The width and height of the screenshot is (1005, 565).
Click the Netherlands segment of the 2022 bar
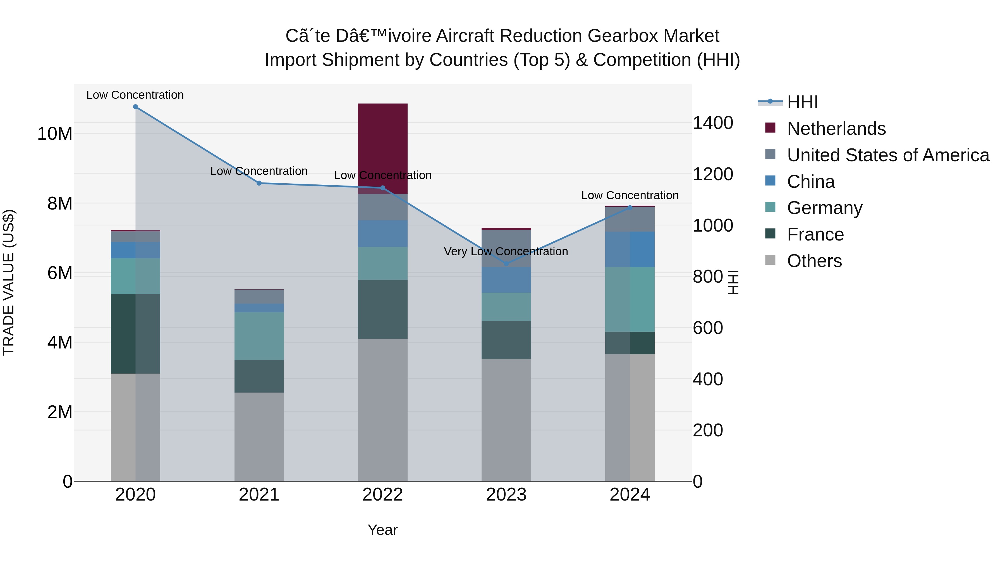coord(382,148)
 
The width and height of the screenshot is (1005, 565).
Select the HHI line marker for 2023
coord(506,264)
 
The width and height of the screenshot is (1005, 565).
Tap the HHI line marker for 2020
coord(135,107)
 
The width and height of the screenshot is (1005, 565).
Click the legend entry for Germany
coord(824,208)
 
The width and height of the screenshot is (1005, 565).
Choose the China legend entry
coord(810,182)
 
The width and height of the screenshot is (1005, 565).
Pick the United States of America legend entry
coord(887,155)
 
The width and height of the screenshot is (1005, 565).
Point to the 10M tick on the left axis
coord(55,134)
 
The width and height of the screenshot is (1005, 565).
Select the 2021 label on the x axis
coord(259,495)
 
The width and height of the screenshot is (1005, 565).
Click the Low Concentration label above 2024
coord(630,195)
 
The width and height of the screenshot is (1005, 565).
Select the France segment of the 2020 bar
coord(135,334)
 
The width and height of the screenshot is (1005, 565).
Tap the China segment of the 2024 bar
coord(630,249)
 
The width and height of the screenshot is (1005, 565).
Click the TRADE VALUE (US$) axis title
coord(9,282)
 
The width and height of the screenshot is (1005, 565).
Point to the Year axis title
coord(382,530)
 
